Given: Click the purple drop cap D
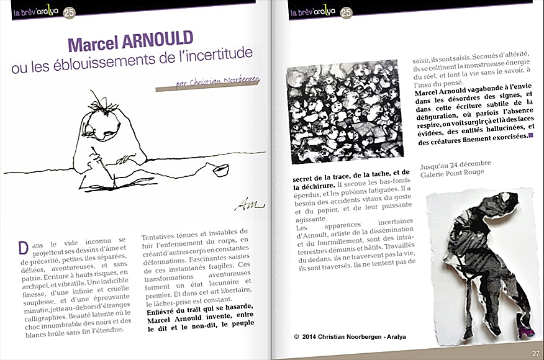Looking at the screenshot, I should pyautogui.click(x=23, y=247).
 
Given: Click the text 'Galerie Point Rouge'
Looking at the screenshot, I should pyautogui.click(x=455, y=173).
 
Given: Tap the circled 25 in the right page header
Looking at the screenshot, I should pyautogui.click(x=347, y=12).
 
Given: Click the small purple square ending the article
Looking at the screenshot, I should pyautogui.click(x=531, y=135).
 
